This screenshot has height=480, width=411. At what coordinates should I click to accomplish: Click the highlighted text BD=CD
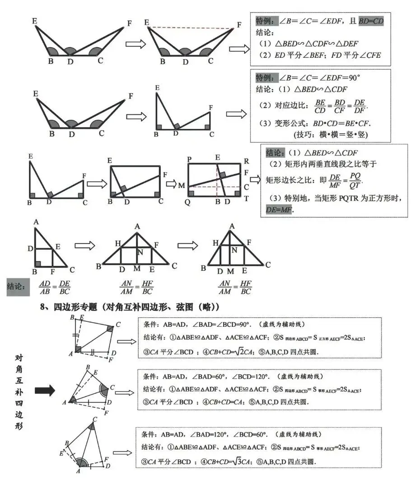pos(371,21)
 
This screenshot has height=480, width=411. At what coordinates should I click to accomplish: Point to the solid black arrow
pos(45,390)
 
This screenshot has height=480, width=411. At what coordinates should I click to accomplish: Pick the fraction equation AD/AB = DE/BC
pos(55,287)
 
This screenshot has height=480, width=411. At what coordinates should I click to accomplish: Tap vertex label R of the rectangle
pos(246,160)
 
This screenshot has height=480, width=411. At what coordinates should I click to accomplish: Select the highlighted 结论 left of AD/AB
pos(18,286)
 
